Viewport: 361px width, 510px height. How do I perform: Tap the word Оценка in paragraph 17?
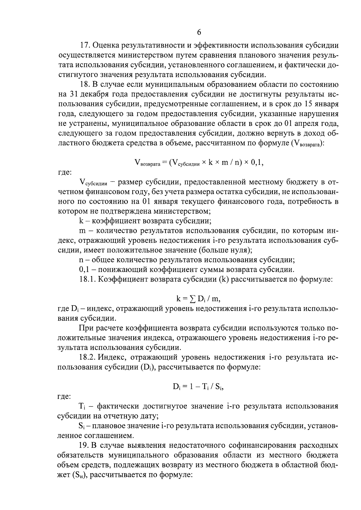[106, 46]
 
